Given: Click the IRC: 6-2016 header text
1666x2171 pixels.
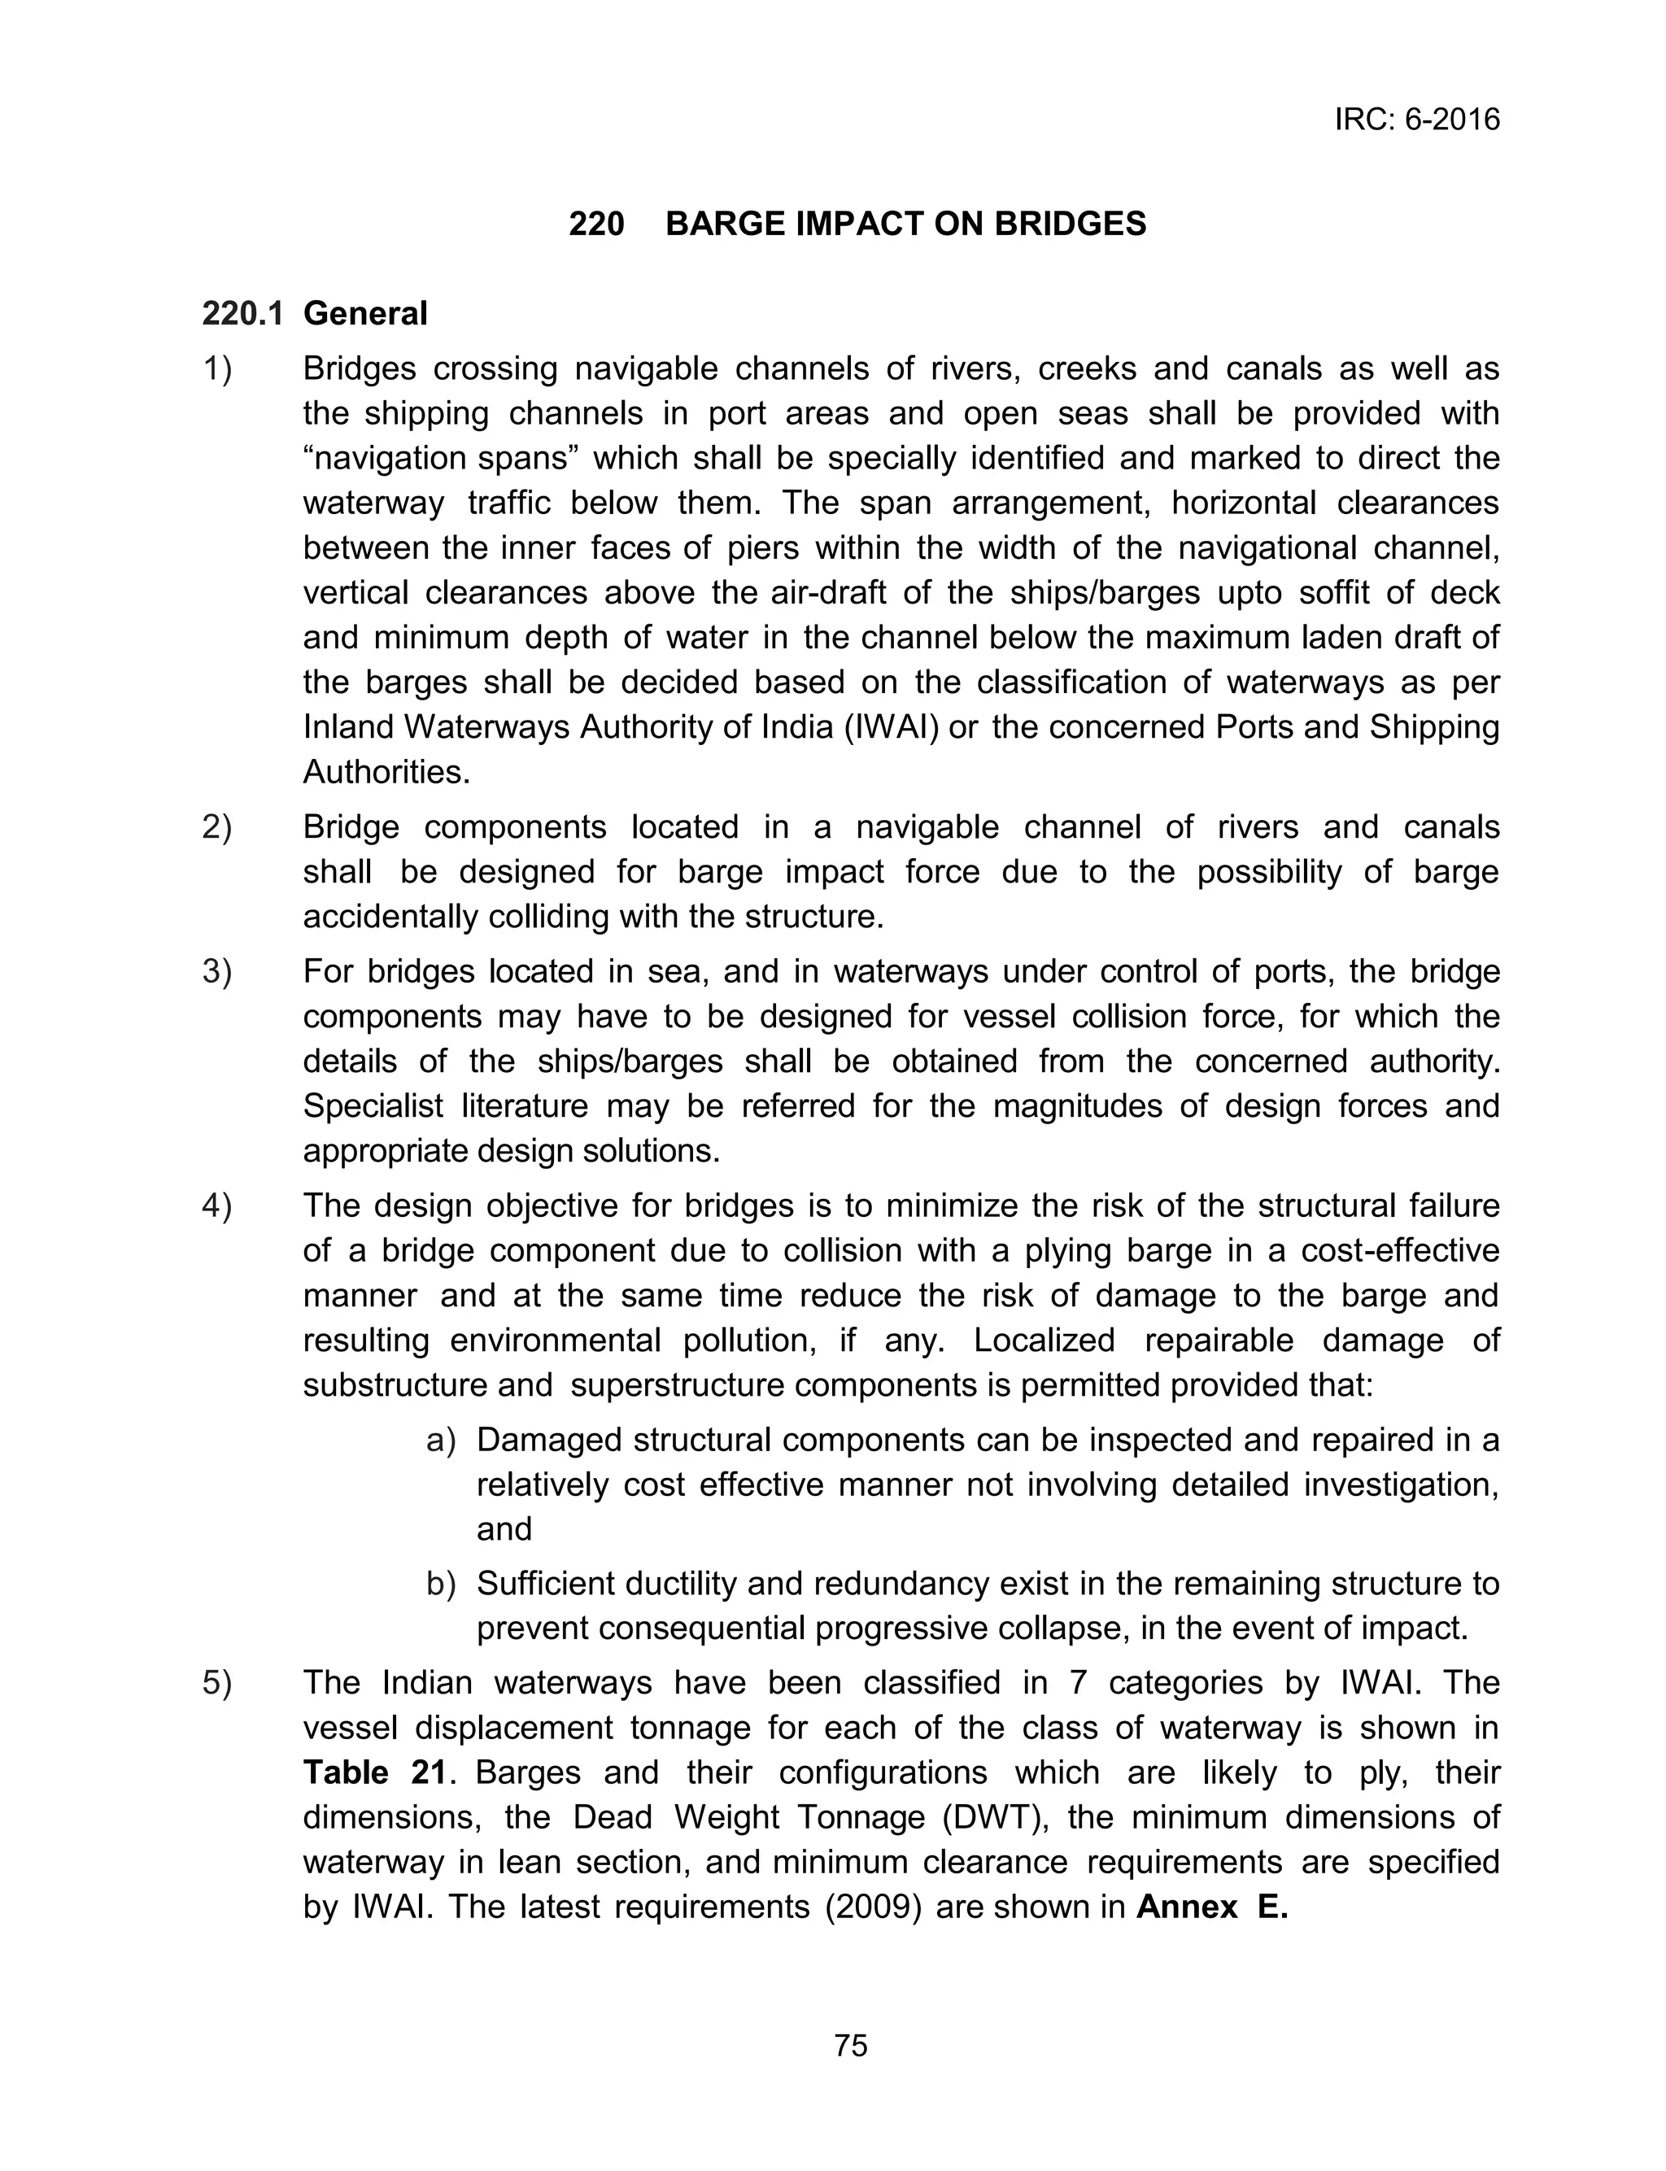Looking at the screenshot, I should pos(1416,120).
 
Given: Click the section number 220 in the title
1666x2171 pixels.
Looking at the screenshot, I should pos(596,224).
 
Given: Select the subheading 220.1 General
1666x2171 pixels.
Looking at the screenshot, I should pos(314,313).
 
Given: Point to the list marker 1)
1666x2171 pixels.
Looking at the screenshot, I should pos(216,368).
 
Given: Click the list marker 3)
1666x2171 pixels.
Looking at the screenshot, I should pos(216,971).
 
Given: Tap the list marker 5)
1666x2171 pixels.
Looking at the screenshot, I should pos(216,1682).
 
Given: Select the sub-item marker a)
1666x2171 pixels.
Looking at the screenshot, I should pos(440,1440).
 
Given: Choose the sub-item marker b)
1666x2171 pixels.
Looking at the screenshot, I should pos(440,1583).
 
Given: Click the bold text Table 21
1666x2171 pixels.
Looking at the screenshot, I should pos(375,1772).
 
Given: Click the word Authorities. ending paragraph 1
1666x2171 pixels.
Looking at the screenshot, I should pos(386,772).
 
